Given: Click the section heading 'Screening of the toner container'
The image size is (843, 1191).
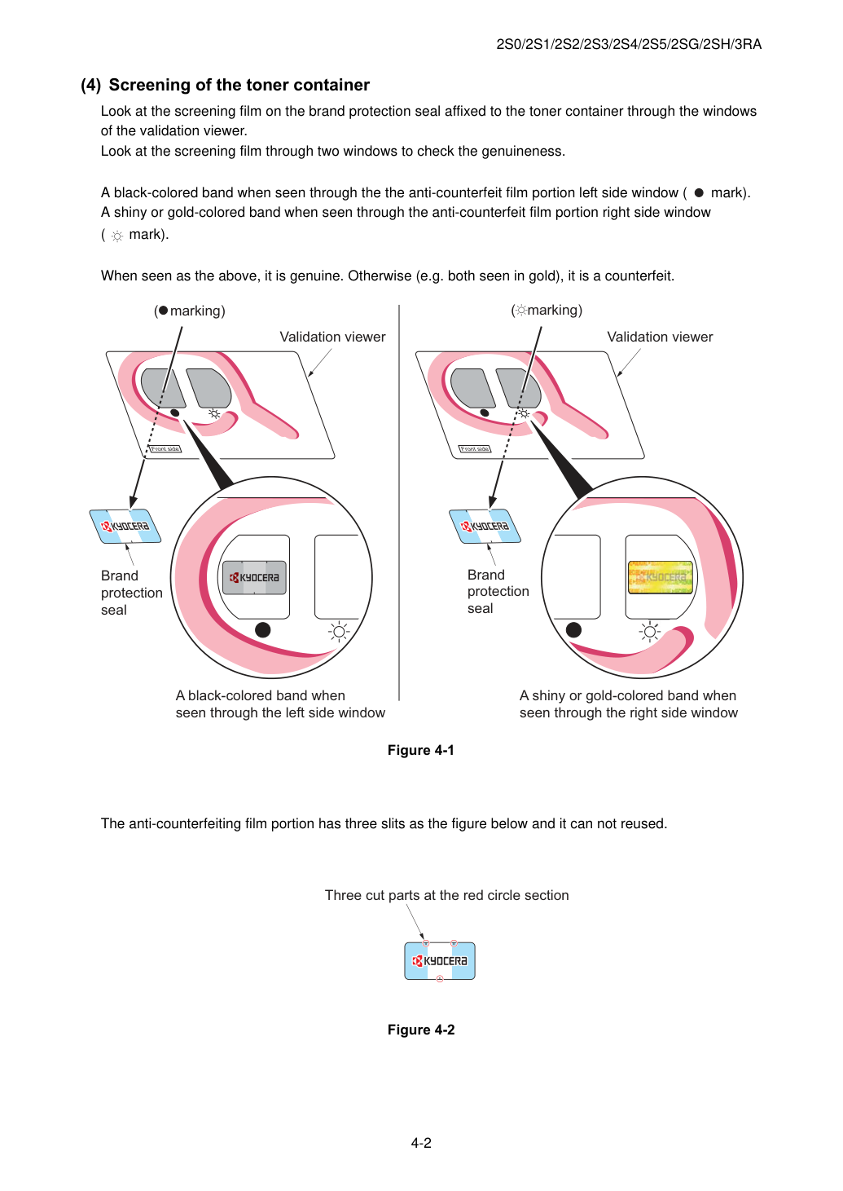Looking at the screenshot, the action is [239, 85].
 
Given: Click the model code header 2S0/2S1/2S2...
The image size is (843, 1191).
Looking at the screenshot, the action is [629, 44].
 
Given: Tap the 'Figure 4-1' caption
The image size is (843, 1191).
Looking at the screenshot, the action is [421, 750].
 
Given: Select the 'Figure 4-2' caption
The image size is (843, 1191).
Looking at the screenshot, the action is [421, 1030].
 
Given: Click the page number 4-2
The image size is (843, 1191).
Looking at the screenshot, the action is [421, 1143].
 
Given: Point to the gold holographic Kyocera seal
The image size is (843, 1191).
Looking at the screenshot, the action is [661, 577].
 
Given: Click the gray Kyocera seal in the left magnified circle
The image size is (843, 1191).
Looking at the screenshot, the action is [254, 577].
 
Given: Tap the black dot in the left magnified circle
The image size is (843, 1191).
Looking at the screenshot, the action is [262, 630].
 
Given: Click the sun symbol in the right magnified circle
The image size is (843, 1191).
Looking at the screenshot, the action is [649, 632].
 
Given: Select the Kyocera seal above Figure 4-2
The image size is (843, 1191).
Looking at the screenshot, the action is [440, 961].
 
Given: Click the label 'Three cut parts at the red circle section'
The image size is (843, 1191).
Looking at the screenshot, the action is [446, 895].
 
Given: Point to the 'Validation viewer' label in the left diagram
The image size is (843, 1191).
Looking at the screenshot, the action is [332, 337].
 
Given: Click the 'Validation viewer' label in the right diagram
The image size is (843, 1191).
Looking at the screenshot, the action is [660, 337].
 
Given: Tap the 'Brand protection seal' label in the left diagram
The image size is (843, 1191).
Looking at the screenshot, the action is [132, 593].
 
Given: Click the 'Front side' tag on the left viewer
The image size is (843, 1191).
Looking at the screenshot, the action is [165, 449].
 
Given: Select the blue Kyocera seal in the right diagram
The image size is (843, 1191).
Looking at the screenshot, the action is [485, 527].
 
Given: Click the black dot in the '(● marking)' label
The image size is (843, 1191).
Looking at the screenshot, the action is [163, 311].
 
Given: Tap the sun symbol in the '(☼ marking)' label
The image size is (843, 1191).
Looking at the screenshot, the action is [521, 310].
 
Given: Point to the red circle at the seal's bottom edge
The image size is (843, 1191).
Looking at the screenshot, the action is [439, 979].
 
